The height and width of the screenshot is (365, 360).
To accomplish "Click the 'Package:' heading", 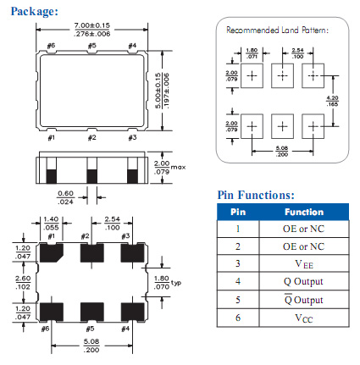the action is click(x=35, y=12).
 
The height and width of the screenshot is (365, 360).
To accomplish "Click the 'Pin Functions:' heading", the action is click(x=256, y=195).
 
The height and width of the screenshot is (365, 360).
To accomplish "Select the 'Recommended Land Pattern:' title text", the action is click(x=278, y=30).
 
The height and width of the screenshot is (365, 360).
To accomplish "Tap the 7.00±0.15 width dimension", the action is click(x=92, y=25).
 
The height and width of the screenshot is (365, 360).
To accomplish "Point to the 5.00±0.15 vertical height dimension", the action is click(x=158, y=91).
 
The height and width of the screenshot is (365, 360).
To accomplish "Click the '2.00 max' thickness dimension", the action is click(x=169, y=168).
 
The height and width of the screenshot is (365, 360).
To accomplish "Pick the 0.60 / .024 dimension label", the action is click(x=65, y=197).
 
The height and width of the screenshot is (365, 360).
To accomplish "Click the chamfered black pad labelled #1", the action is click(x=52, y=252).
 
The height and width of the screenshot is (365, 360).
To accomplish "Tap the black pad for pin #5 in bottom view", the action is click(x=92, y=312).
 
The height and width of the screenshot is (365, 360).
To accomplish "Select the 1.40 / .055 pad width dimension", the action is click(x=51, y=224).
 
